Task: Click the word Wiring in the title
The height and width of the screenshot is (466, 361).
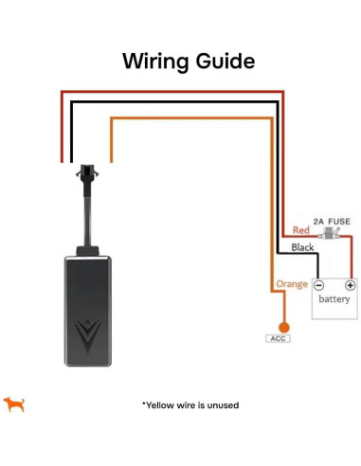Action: click(153, 63)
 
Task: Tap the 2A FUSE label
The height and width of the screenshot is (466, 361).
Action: click(333, 221)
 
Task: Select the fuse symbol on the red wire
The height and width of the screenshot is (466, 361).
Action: click(332, 232)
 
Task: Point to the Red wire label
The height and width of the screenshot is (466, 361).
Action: click(301, 231)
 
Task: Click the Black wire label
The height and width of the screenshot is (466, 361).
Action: click(302, 247)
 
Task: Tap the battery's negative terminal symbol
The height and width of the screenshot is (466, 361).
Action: click(319, 284)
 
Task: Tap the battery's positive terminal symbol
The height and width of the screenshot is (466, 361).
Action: click(350, 284)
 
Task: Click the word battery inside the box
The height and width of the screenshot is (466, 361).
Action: click(334, 300)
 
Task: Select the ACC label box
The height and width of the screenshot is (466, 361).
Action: click(280, 338)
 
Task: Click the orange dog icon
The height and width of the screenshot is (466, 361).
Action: click(14, 404)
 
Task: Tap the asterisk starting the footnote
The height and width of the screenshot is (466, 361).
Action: click(144, 404)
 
